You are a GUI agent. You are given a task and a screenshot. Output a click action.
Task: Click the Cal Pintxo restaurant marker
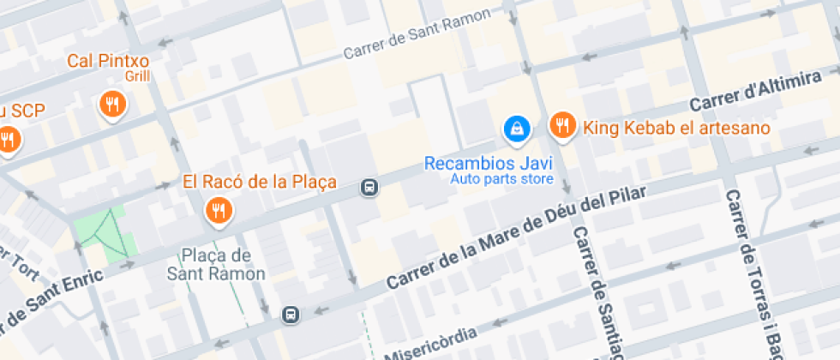tap(112, 105)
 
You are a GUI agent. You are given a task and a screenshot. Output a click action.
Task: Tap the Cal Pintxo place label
tap(109, 61)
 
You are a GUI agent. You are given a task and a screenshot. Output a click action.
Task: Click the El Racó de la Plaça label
tap(260, 183)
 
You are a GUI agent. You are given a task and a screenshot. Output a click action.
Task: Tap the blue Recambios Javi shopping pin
tap(517, 129)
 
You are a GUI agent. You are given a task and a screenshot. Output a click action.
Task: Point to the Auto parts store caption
tap(501, 179)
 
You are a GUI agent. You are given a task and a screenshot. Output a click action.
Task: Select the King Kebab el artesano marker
tap(561, 125)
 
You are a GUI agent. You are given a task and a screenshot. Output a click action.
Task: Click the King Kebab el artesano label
tap(676, 129)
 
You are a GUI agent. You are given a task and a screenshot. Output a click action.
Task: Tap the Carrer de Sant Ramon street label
tap(417, 34)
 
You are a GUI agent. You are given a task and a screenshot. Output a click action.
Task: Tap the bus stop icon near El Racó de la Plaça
tap(369, 187)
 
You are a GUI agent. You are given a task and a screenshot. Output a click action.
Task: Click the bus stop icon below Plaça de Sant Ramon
tap(291, 315)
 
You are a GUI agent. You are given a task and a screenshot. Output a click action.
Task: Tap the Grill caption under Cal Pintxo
tap(137, 76)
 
